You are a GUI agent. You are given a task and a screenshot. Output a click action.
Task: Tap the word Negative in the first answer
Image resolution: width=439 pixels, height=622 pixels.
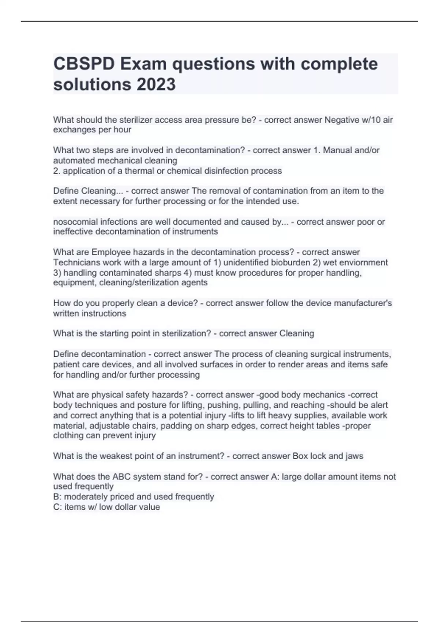click(x=341, y=120)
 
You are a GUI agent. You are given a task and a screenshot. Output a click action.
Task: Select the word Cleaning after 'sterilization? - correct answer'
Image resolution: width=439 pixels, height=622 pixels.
click(x=297, y=334)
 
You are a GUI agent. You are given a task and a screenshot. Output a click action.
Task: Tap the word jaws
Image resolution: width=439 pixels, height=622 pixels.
click(x=354, y=456)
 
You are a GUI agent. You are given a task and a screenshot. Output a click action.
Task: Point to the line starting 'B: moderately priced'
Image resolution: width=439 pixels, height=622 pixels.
click(x=134, y=497)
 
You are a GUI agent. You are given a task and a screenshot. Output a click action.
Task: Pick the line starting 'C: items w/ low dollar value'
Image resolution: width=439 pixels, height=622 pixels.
click(x=106, y=507)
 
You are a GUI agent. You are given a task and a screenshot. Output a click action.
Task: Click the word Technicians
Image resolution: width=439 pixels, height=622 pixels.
click(x=76, y=263)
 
